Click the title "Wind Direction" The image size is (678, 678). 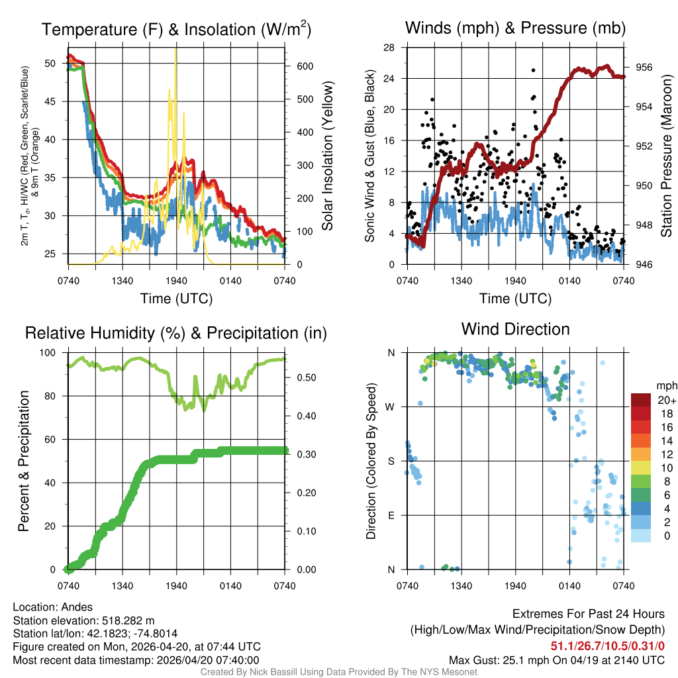click(515, 329)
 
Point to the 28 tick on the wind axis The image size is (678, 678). click(389, 48)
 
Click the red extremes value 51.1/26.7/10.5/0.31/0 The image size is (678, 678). click(607, 646)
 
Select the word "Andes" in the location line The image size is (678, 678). click(77, 607)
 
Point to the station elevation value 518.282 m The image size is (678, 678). click(128, 620)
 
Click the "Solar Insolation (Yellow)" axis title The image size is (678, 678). click(327, 156)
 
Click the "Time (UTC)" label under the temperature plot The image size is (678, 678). click(176, 299)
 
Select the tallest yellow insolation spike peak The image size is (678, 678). click(175, 49)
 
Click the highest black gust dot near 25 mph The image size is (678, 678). click(532, 70)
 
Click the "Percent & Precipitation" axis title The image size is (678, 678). click(23, 461)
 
